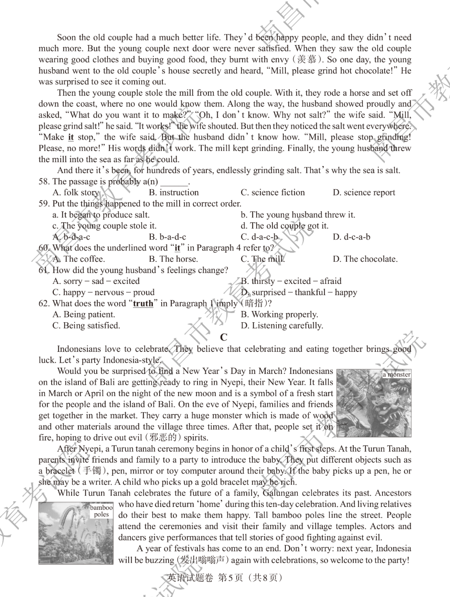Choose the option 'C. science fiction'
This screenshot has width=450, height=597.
(x=272, y=193)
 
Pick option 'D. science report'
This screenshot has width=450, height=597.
(x=364, y=193)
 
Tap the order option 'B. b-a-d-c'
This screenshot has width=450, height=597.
(x=167, y=237)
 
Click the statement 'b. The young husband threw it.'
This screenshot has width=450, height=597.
(x=297, y=215)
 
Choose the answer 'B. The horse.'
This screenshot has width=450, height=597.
(x=173, y=259)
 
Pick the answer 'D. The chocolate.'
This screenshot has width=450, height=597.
(x=365, y=259)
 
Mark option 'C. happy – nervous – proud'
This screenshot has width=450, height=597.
(x=103, y=292)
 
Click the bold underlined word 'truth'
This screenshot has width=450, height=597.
(x=143, y=304)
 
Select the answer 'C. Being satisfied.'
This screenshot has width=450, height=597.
(x=86, y=326)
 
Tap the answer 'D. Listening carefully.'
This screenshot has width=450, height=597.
(x=282, y=326)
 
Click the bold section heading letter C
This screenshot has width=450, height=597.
(x=224, y=337)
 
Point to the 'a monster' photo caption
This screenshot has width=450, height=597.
(x=397, y=374)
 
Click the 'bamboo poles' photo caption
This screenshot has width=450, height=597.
(x=101, y=511)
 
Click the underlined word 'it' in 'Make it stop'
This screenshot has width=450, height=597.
(x=71, y=137)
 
